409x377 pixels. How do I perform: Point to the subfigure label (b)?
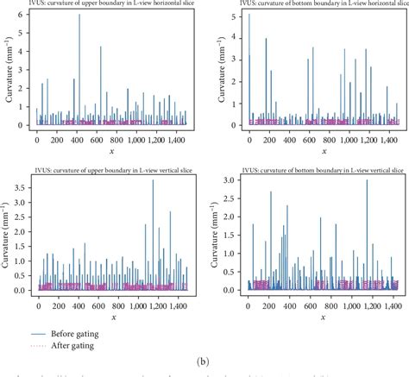coord(204,363)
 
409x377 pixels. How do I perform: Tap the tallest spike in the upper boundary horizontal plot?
coord(79,16)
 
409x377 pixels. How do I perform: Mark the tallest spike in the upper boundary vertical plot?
coord(154,180)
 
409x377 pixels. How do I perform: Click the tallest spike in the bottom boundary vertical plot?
coord(367,181)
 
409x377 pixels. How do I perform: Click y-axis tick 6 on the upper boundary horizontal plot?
coord(28,16)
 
